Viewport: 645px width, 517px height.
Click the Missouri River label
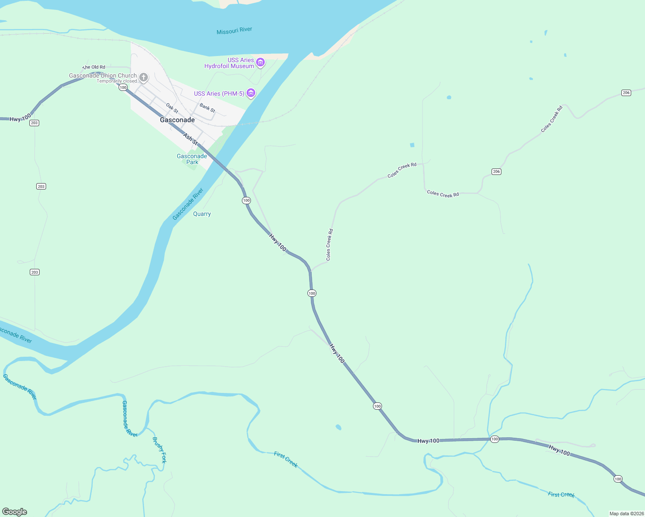pos(234,31)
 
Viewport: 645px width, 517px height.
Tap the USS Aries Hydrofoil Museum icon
pos(260,63)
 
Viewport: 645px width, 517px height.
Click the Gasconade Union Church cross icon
pos(144,78)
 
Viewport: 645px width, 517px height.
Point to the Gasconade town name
pos(177,120)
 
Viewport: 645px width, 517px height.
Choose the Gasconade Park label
pos(192,159)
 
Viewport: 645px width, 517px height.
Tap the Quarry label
pos(202,214)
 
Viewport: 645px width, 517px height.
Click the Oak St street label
pos(172,108)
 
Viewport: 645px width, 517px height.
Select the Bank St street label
pos(207,108)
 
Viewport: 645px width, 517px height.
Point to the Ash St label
pos(190,139)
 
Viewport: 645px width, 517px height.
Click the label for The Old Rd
pos(94,67)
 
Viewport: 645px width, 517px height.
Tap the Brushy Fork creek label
pos(159,450)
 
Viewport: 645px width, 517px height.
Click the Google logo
pos(15,511)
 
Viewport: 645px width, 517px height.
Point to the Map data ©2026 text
pos(626,514)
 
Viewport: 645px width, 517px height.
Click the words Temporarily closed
pos(116,81)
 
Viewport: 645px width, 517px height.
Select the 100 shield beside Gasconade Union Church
pos(123,87)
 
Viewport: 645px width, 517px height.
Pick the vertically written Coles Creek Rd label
pos(329,244)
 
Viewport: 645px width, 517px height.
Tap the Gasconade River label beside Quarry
pos(188,204)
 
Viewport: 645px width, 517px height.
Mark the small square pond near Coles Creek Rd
pos(412,145)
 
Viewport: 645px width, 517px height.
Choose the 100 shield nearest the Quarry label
pos(246,200)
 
